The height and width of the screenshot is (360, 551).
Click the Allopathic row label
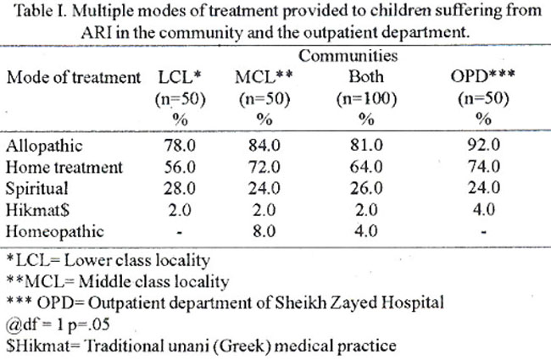(x=44, y=146)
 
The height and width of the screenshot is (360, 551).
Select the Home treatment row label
(x=64, y=167)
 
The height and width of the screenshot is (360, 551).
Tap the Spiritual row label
(x=37, y=189)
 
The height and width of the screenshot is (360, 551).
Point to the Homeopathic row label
(x=55, y=231)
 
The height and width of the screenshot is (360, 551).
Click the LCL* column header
(x=180, y=77)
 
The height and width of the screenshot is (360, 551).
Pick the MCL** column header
(x=264, y=77)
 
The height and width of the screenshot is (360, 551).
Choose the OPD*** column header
(x=483, y=76)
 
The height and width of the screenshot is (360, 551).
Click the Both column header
(x=366, y=77)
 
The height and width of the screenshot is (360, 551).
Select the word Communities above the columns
(x=348, y=56)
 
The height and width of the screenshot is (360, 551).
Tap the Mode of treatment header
(x=74, y=78)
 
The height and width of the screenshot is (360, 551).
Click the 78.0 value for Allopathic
(x=180, y=146)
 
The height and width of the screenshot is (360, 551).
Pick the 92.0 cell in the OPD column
(x=483, y=145)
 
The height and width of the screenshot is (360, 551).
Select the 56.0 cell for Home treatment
(x=180, y=167)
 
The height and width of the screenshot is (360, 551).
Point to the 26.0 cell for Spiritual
(x=366, y=189)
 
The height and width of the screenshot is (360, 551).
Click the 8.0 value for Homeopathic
(x=264, y=231)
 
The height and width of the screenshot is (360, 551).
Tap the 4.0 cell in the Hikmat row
(x=484, y=210)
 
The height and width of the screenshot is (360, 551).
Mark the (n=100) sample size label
(x=366, y=99)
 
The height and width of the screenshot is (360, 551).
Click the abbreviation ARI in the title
(x=97, y=33)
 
